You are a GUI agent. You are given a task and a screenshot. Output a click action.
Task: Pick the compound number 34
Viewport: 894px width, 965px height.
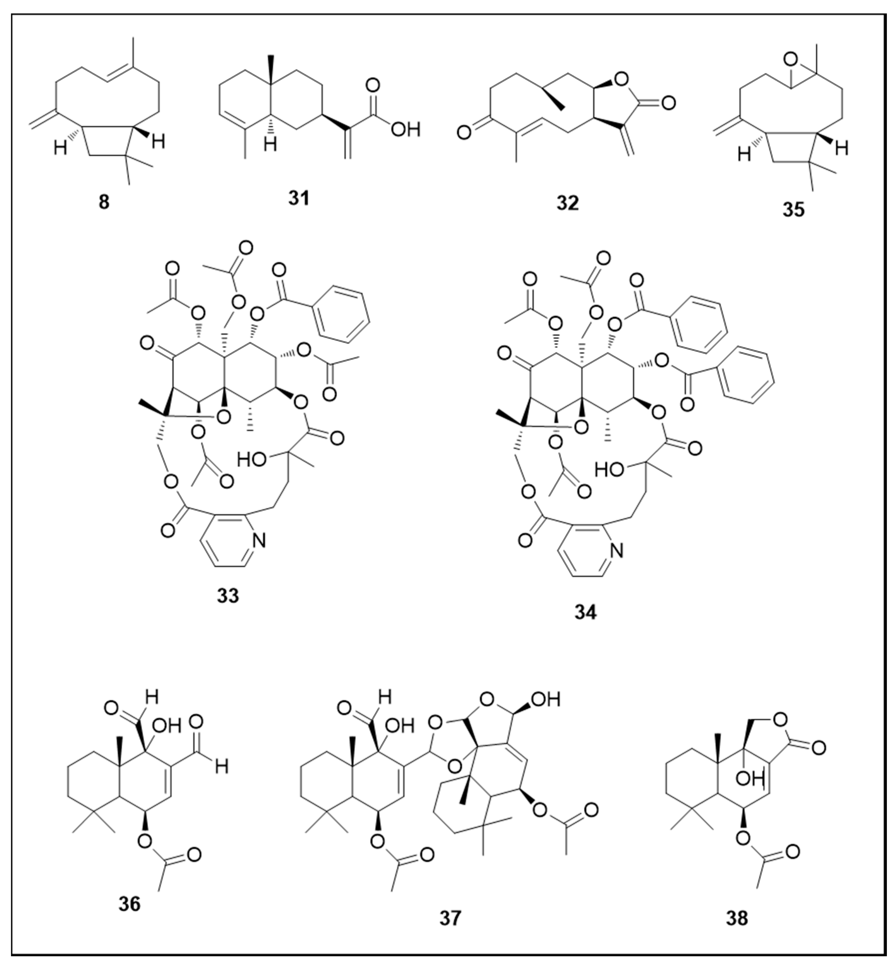pyautogui.click(x=586, y=612)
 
